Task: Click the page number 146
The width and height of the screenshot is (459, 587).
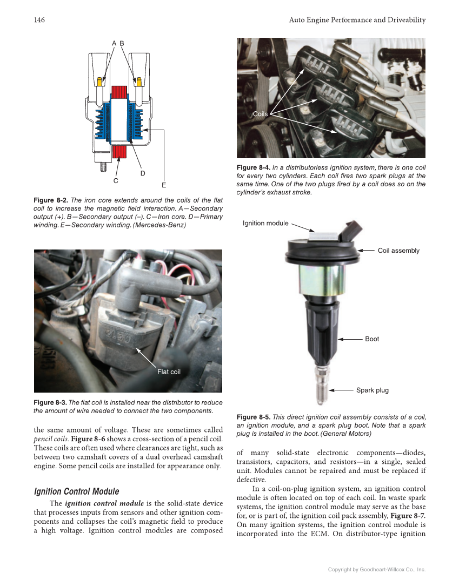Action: tap(39, 20)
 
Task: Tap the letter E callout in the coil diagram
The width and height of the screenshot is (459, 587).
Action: tap(164, 186)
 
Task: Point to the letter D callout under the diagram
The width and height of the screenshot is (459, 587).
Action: tap(143, 173)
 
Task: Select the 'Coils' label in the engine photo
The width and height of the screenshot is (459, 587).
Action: tap(261, 114)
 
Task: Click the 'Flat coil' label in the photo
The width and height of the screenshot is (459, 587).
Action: tap(169, 372)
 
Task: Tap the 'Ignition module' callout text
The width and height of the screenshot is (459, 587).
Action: tap(265, 223)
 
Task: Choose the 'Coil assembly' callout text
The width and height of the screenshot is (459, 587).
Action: tap(398, 251)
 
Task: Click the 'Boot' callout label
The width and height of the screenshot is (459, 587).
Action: tap(372, 339)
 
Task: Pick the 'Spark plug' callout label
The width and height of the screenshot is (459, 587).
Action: tap(372, 390)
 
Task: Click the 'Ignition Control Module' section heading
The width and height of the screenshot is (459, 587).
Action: tap(76, 491)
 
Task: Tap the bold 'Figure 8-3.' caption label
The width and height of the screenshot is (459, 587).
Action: tap(50, 403)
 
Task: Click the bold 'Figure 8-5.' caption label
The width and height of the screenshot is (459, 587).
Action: tap(253, 417)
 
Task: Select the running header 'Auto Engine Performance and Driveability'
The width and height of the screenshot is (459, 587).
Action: tap(357, 20)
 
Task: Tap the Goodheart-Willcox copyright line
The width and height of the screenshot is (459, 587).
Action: tap(377, 569)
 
